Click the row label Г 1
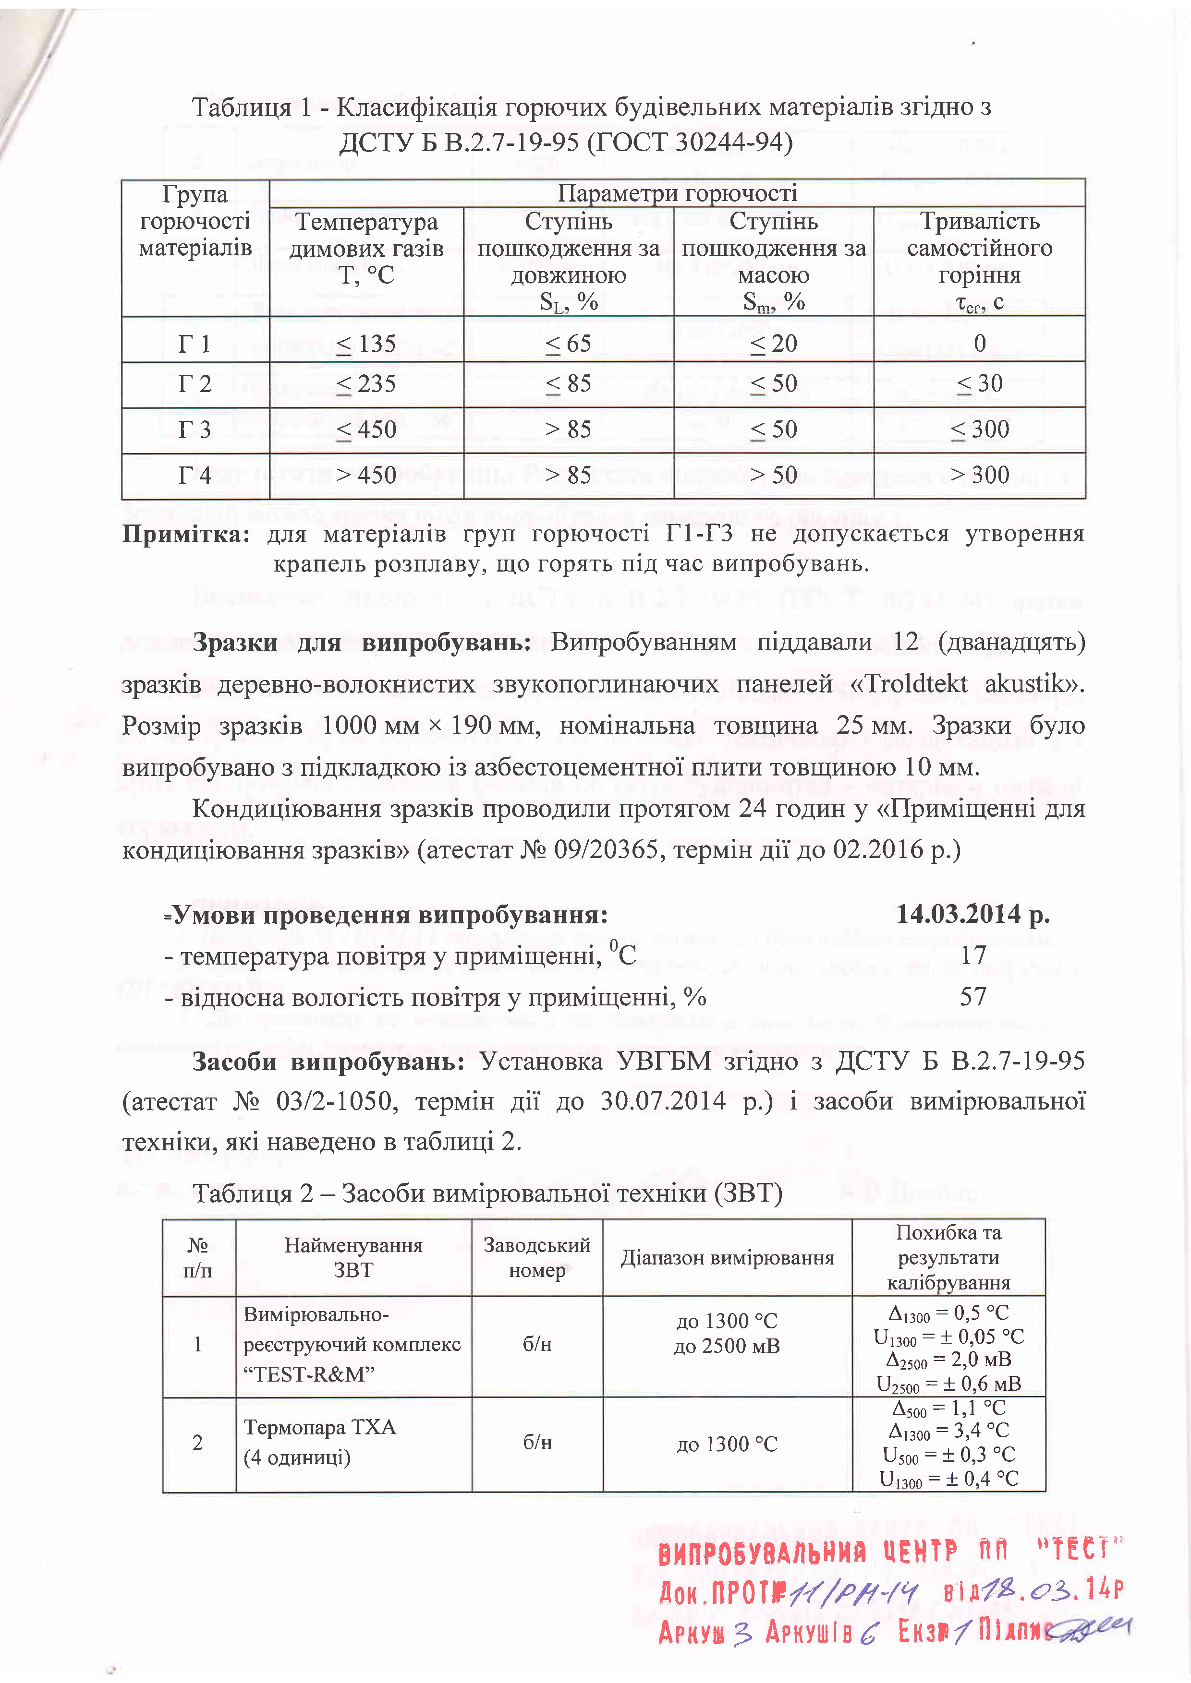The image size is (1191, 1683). (194, 344)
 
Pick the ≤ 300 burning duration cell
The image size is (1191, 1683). (980, 430)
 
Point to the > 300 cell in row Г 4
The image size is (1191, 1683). (980, 475)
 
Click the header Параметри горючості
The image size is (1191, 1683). (677, 193)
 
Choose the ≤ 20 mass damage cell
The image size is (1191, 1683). (774, 344)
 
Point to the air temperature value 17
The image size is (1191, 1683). (973, 955)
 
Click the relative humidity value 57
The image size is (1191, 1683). (973, 996)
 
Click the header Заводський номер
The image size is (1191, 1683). (537, 1257)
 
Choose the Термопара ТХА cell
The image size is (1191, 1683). (320, 1427)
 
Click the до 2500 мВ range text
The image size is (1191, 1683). (727, 1346)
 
